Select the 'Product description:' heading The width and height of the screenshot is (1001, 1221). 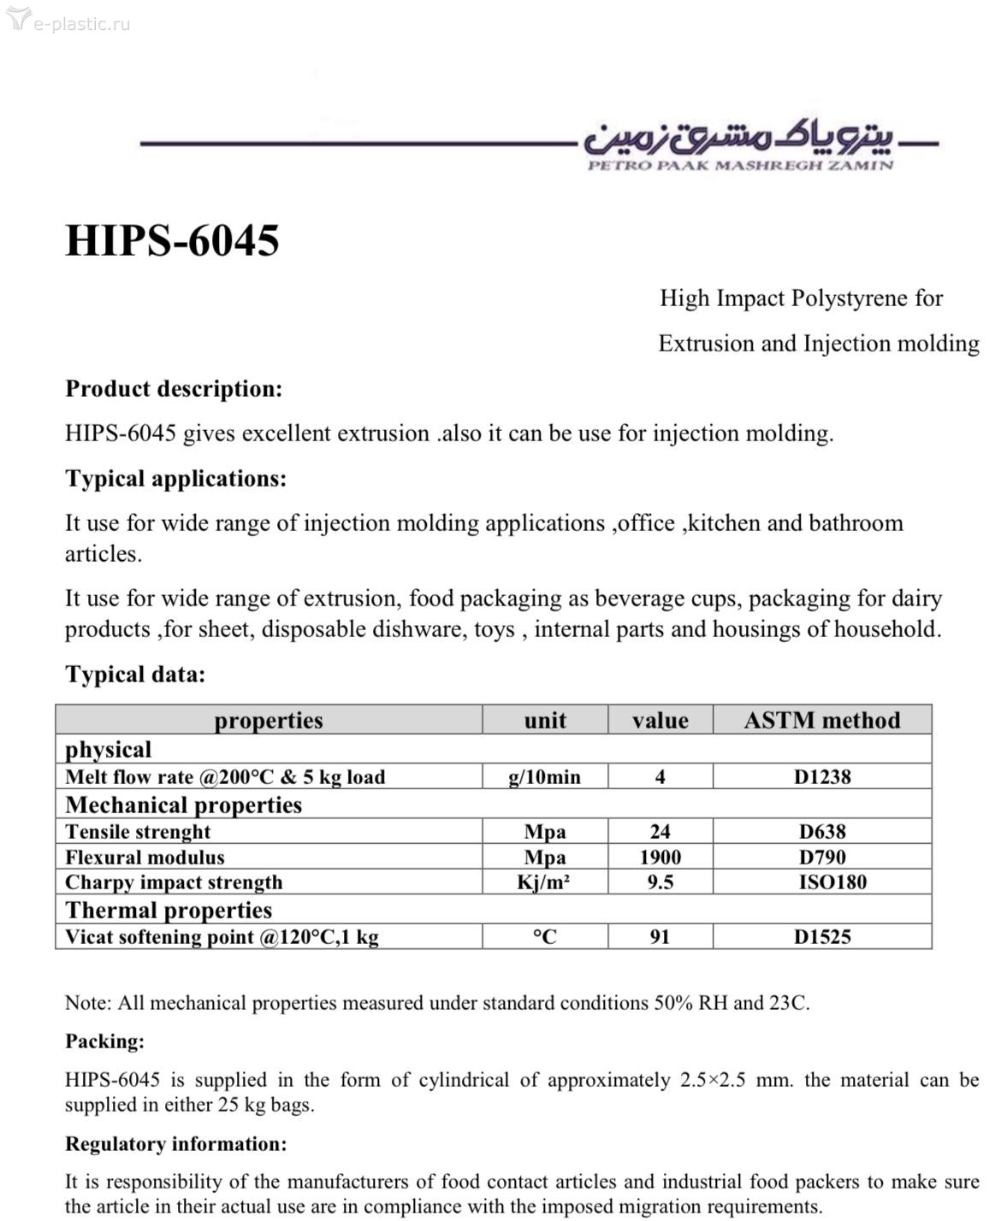174,389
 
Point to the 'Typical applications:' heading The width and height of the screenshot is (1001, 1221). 175,479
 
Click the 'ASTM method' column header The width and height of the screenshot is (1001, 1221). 821,720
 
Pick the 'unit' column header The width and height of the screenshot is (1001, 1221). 545,720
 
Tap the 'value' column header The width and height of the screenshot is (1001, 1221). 660,720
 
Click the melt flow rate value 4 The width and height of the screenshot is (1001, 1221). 660,776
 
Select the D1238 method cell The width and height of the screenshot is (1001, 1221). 821,776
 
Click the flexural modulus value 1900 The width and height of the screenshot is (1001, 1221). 660,857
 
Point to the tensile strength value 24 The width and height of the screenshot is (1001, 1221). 660,831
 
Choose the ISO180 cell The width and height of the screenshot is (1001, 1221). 832,882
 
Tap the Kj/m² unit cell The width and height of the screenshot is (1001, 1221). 544,882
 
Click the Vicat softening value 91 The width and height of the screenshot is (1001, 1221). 660,936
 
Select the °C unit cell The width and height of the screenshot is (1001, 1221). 544,936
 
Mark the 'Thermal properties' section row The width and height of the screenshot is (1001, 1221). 169,910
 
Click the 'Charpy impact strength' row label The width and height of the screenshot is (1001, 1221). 174,882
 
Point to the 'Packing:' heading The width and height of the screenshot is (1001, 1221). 104,1041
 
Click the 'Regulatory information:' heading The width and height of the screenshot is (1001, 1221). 175,1144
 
